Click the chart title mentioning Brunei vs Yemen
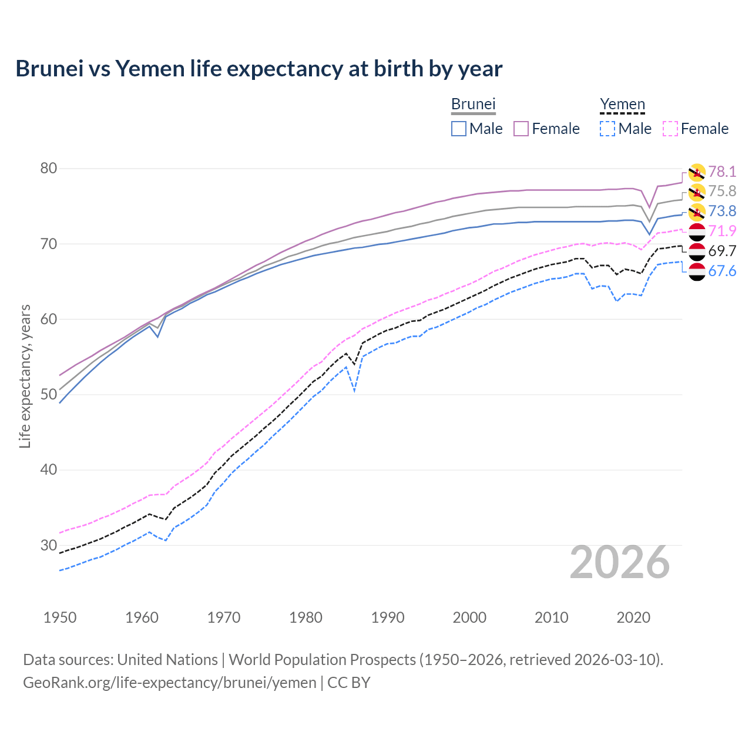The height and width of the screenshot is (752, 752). (258, 69)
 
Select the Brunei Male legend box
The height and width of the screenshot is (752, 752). (459, 129)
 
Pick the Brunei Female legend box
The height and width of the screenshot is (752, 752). (521, 129)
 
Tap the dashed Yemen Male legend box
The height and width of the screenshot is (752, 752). (607, 129)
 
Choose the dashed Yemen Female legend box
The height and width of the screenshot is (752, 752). (670, 129)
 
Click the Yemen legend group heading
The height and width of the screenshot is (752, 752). (622, 105)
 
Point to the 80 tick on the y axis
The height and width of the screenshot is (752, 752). (49, 169)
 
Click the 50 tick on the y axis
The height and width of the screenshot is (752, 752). (49, 394)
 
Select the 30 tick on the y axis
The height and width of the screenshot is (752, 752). (49, 545)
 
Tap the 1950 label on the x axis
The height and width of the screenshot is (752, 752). (60, 617)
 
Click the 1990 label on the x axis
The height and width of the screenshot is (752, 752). (388, 617)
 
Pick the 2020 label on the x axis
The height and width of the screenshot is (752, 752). (633, 617)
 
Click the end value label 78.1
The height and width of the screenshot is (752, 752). (722, 172)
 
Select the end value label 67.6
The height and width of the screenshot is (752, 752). (722, 271)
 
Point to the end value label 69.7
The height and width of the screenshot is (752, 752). (722, 251)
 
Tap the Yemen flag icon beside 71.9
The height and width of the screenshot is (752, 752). (697, 231)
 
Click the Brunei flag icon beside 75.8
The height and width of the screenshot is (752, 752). (697, 192)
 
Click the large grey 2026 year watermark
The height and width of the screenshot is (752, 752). (620, 562)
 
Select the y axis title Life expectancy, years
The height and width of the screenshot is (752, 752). (25, 376)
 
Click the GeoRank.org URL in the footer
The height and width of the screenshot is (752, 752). (169, 683)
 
